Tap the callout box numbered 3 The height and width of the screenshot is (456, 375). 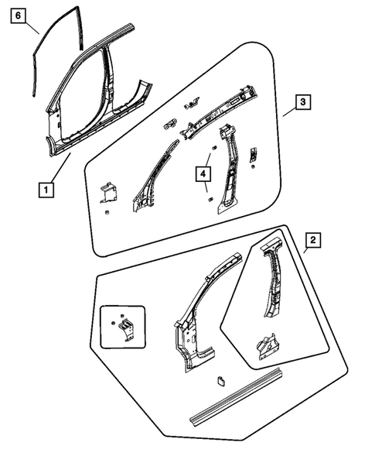point(304,102)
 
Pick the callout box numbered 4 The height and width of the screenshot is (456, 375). point(203,175)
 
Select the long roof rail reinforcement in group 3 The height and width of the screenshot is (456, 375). point(224,112)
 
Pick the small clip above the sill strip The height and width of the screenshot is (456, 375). point(220,379)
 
